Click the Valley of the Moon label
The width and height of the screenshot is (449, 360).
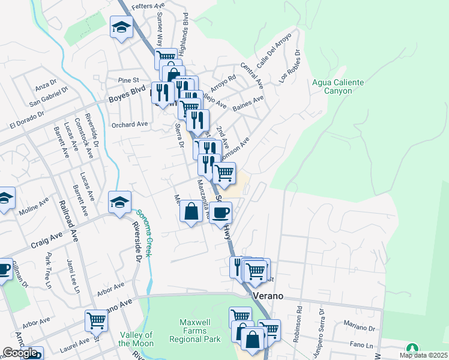click(x=136, y=339)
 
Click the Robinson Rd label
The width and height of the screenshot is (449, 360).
click(x=297, y=325)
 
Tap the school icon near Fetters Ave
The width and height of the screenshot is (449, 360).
click(x=122, y=27)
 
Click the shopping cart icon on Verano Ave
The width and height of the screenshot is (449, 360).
click(x=96, y=320)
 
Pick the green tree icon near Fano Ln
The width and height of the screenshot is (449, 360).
click(x=412, y=349)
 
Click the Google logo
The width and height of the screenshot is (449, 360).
click(x=20, y=353)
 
